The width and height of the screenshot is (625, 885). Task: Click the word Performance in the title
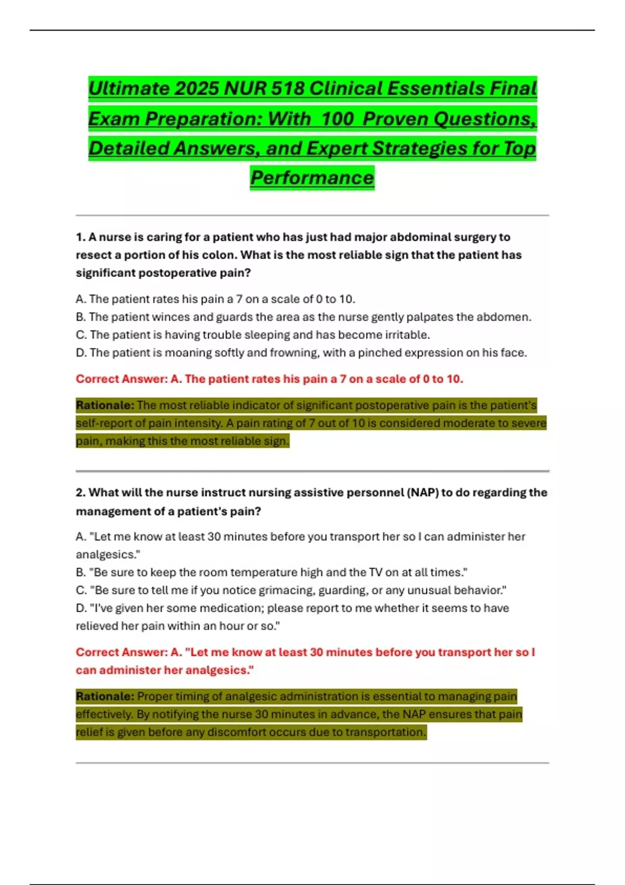[312, 178]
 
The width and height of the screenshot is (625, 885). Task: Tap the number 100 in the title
[337, 119]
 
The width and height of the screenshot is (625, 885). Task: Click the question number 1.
[80, 237]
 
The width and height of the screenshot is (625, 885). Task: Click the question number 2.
[80, 492]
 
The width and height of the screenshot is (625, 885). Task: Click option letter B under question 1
[80, 317]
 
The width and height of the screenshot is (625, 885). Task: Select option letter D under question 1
[81, 353]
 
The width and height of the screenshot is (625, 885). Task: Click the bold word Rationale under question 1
[105, 405]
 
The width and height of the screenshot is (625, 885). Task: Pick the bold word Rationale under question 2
[105, 696]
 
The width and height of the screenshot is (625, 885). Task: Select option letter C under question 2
[81, 590]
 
